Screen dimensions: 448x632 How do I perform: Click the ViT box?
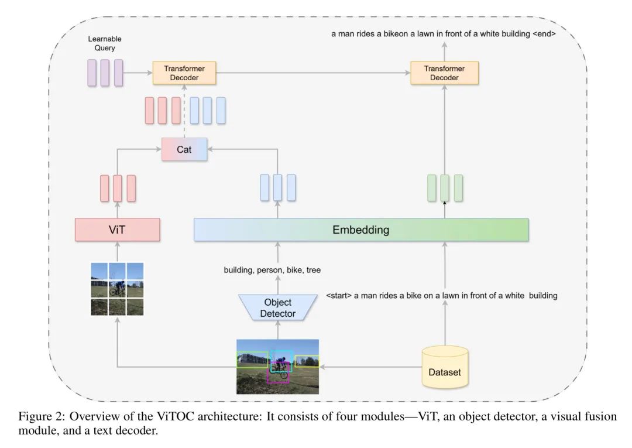pos(118,230)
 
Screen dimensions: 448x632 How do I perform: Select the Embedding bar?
pos(360,230)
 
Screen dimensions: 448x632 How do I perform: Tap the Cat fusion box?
pos(184,149)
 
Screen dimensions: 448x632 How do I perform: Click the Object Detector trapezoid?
pos(277,308)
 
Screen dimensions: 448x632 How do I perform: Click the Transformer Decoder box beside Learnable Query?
pos(184,73)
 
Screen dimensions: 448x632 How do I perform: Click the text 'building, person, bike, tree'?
pos(272,270)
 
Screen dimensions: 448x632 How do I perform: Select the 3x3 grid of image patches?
pos(117,289)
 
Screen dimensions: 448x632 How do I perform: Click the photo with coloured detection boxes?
pos(277,367)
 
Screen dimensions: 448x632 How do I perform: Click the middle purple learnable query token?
pos(105,73)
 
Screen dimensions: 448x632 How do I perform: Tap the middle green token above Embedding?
pos(445,187)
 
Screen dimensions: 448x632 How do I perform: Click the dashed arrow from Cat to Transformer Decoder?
pos(184,111)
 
